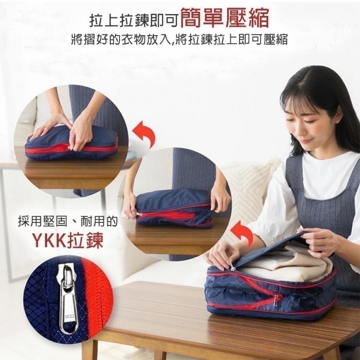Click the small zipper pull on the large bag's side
pyautogui.click(x=276, y=298)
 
